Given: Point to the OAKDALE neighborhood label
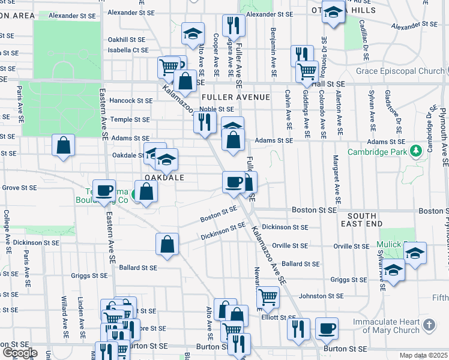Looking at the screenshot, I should tap(163, 178).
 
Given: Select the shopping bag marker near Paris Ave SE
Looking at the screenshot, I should tap(63, 145).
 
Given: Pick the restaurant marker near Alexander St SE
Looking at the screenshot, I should tap(232, 25).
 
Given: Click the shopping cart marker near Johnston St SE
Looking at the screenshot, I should tap(268, 296).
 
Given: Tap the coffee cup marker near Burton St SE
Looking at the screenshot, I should tap(327, 328).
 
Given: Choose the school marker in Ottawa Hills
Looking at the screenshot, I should tap(332, 12).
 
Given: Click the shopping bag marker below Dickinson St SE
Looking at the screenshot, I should tap(167, 244).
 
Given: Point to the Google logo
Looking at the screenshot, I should tap(19, 353).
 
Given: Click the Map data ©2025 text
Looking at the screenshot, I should tap(423, 355).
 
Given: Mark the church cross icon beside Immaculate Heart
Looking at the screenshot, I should tap(429, 325).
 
